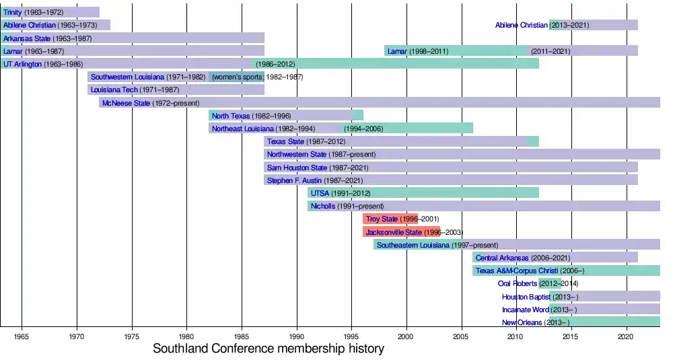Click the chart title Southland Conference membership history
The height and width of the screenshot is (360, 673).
click(x=268, y=349)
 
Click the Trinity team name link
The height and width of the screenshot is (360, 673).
click(x=12, y=12)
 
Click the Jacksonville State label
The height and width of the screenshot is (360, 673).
click(x=394, y=232)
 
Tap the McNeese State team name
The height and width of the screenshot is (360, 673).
click(x=127, y=103)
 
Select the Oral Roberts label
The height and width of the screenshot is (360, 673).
click(x=517, y=284)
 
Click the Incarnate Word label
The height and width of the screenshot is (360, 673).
click(x=526, y=310)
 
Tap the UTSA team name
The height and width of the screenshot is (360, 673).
click(x=320, y=193)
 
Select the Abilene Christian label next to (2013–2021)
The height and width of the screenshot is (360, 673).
click(x=521, y=26)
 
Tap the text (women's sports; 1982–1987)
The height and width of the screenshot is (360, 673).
click(x=257, y=77)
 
